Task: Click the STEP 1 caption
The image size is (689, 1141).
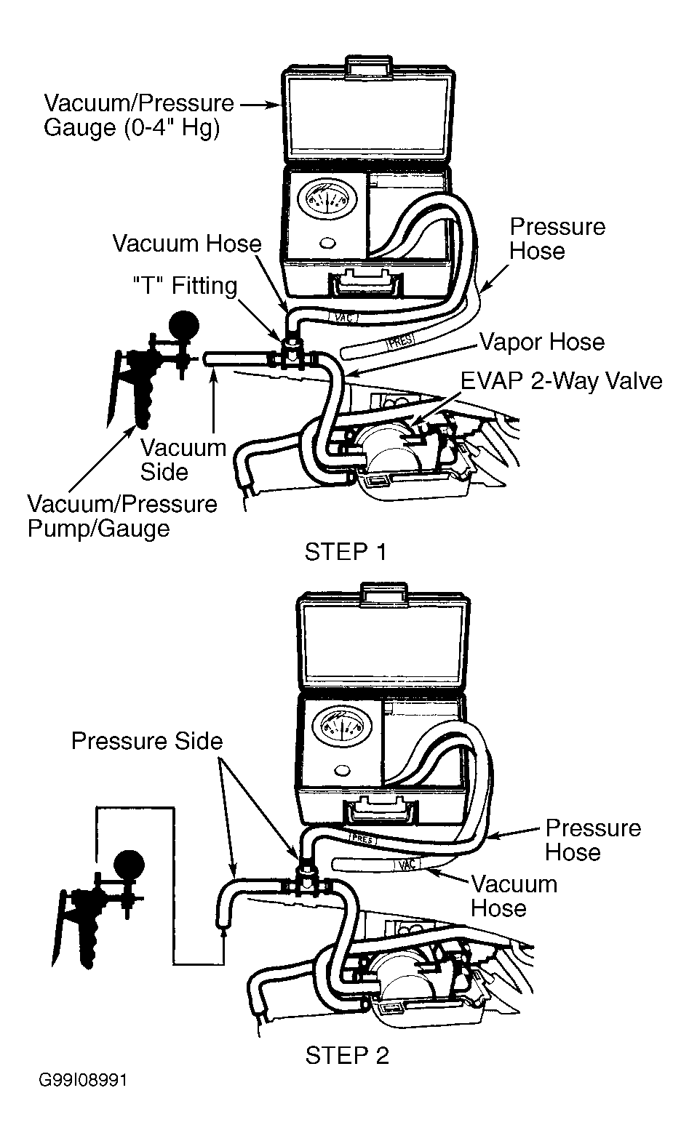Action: point(346,552)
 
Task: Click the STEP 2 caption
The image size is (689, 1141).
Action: point(347,1056)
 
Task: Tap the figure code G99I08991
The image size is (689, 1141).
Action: point(82,1094)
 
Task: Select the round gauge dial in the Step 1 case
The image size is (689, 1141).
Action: point(320,200)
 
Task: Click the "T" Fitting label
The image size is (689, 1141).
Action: point(185,285)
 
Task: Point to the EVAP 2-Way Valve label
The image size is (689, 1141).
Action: point(561,381)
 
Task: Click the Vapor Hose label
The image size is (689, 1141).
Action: point(542,342)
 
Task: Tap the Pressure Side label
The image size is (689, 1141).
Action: point(147,741)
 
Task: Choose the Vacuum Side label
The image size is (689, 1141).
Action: point(183,460)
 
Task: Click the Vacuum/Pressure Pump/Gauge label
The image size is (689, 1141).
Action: point(122,516)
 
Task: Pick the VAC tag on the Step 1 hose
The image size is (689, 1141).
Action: point(343,317)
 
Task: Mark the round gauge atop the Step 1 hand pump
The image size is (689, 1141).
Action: point(183,326)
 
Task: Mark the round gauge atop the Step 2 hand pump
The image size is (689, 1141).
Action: point(130,865)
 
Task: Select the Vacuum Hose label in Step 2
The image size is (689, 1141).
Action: point(513,897)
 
